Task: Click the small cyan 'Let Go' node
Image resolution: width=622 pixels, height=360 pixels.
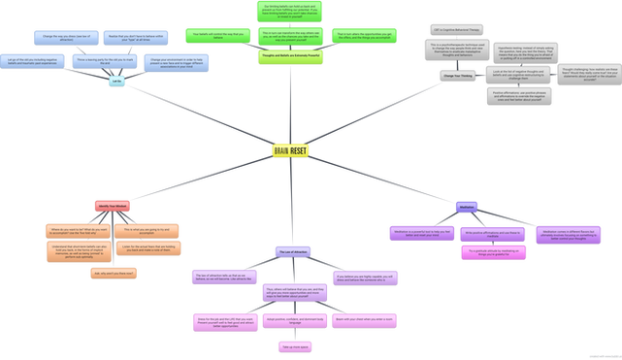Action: point(115,82)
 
